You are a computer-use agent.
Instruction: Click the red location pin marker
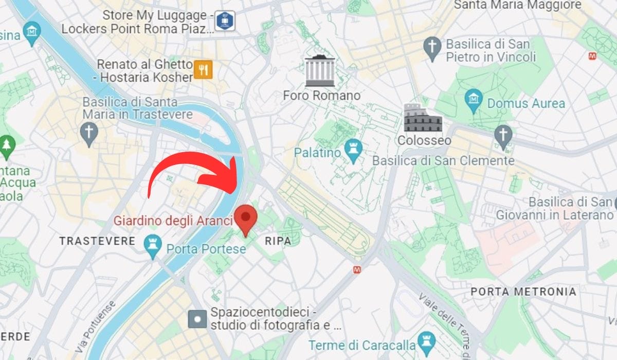point(246,218)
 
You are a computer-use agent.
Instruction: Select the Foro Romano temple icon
point(320,70)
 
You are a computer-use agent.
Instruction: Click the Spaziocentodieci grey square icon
point(197,319)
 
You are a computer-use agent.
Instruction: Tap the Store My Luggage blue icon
point(225,21)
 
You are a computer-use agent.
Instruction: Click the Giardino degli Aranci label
point(173,221)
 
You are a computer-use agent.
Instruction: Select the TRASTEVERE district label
point(97,241)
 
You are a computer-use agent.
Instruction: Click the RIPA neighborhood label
point(278,241)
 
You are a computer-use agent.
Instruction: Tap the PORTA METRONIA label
point(523,292)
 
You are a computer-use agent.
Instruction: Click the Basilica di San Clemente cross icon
point(503,135)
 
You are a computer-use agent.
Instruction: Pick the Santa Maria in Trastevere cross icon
point(89,132)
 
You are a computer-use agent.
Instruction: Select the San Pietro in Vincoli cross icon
point(432,48)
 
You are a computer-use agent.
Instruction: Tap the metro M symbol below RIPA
point(356,269)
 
